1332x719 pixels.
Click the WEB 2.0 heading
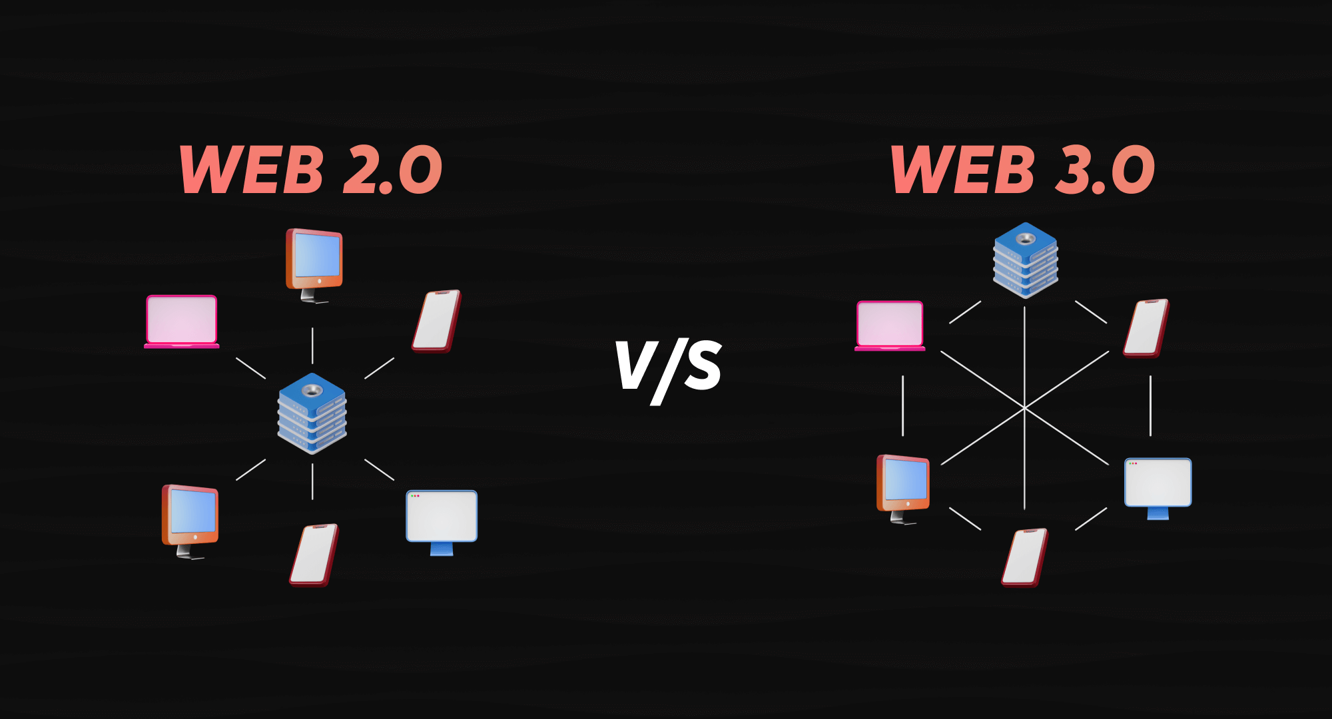coord(310,170)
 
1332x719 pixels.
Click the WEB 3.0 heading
coord(1023,170)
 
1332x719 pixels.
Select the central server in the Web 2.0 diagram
coord(312,413)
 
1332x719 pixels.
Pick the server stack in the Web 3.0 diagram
coord(1026,260)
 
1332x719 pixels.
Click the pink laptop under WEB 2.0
coord(182,322)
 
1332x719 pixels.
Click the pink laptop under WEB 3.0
coord(890,326)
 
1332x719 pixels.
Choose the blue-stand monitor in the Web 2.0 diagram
coord(442,519)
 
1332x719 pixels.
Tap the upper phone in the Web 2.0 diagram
coord(436,320)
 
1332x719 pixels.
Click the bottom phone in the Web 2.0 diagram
coord(314,555)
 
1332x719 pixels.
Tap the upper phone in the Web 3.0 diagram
coord(1146,328)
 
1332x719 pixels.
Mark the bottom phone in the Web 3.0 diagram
coord(1025,557)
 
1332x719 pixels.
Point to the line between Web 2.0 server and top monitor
coord(312,346)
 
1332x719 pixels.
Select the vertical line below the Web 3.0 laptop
coord(903,405)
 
